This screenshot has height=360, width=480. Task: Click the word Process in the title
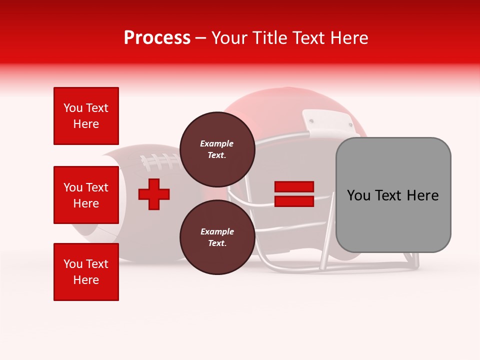point(157,38)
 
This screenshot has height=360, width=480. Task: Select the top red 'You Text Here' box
point(86,116)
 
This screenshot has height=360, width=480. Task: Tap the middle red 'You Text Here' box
point(86,195)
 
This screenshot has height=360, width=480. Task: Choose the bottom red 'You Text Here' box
point(86,271)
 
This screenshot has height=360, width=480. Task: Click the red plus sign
point(154,194)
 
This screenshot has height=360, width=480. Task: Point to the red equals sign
point(294,194)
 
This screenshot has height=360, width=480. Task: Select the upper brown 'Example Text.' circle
point(217,149)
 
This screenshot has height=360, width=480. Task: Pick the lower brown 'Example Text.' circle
point(217,237)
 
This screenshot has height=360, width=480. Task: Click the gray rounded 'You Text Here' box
point(393,194)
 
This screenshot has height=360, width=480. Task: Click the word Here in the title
point(349,38)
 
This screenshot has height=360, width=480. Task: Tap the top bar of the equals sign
point(294,187)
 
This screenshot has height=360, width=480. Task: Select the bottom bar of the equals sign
point(294,201)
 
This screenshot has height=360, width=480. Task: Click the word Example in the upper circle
point(217,143)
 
